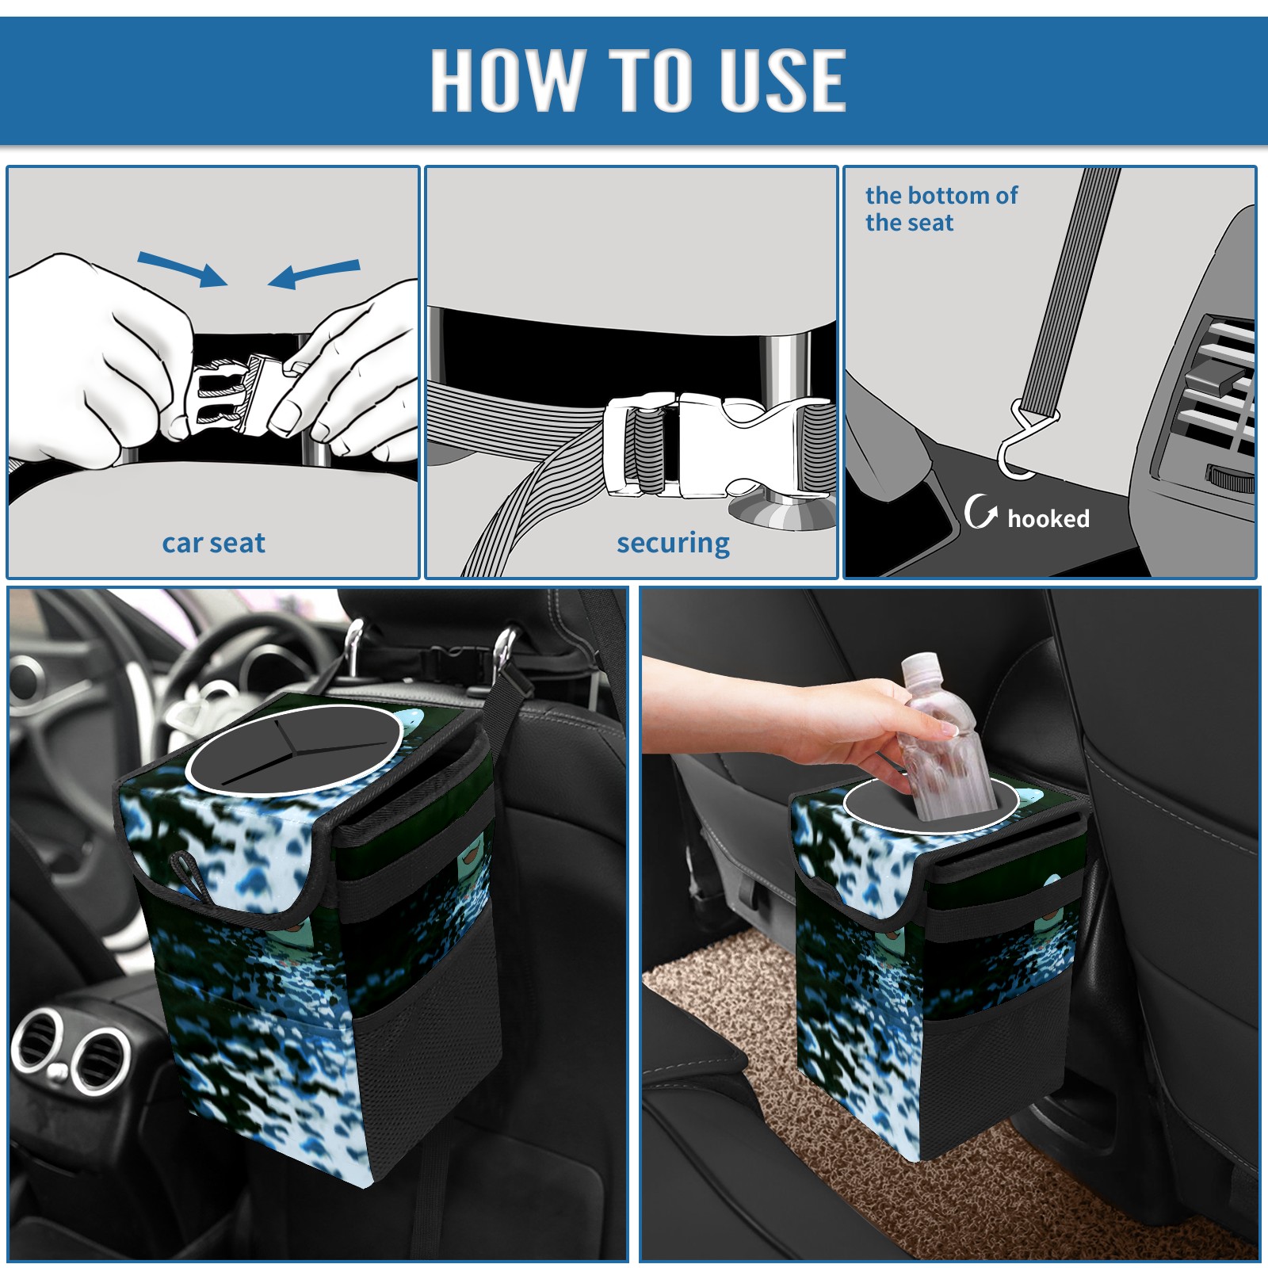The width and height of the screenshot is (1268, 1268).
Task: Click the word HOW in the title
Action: tap(504, 79)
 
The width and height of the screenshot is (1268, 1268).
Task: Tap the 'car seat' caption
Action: tap(213, 543)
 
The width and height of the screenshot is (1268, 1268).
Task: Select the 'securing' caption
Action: tap(673, 544)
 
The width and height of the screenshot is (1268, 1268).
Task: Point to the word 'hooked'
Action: tap(1048, 518)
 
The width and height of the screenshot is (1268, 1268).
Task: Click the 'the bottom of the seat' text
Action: tap(941, 208)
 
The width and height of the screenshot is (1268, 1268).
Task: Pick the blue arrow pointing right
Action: tap(182, 269)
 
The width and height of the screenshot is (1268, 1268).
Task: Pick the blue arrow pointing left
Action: tap(314, 273)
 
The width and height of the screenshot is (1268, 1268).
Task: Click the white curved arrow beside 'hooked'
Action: tap(980, 511)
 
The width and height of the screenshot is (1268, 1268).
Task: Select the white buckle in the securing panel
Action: tap(717, 445)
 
